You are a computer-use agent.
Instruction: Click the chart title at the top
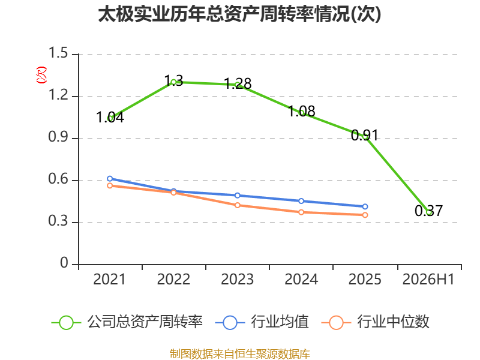[x=239, y=14]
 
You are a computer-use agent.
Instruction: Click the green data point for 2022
[x=173, y=82]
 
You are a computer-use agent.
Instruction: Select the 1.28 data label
[x=238, y=83]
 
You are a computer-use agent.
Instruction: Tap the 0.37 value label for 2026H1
[x=428, y=211]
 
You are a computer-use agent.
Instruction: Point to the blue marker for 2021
[x=110, y=178]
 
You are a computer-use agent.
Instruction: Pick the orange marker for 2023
[x=238, y=205]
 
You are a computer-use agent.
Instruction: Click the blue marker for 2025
[x=365, y=206]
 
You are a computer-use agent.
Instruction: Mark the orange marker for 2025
[x=365, y=215]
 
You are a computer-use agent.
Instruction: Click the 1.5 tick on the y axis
[x=58, y=53]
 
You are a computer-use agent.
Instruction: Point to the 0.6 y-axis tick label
[x=58, y=179]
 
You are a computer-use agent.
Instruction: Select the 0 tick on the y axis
[x=64, y=263]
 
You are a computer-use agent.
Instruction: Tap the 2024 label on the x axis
[x=301, y=279]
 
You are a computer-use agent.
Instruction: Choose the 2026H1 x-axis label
[x=428, y=279]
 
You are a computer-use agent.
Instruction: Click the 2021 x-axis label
[x=109, y=279]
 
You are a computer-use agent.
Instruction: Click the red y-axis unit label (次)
[x=41, y=74]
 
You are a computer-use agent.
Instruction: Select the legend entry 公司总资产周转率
[x=127, y=322]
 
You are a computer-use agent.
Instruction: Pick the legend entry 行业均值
[x=262, y=322]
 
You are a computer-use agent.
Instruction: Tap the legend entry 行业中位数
[x=376, y=322]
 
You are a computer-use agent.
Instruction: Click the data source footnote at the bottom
[x=239, y=354]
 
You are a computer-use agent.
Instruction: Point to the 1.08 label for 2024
[x=302, y=111]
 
